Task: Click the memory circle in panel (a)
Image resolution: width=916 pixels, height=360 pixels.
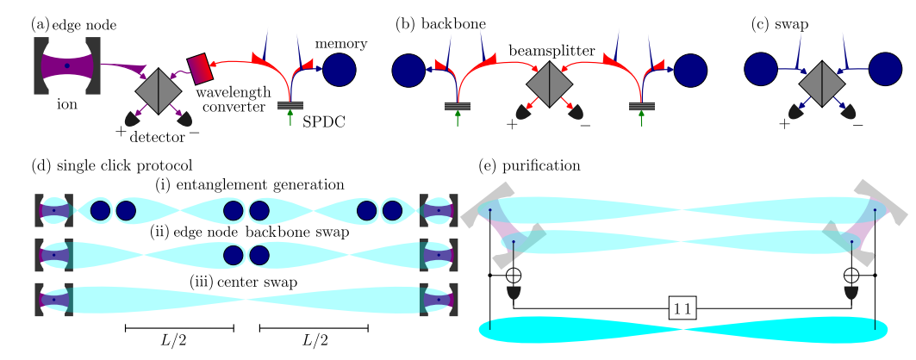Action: click(x=339, y=69)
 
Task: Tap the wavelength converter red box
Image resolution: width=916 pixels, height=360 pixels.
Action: click(x=197, y=68)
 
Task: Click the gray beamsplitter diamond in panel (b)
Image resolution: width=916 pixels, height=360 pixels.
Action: click(x=550, y=84)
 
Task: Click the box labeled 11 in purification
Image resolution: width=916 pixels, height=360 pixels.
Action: click(x=682, y=307)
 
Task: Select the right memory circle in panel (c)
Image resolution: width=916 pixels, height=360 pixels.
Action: click(x=885, y=69)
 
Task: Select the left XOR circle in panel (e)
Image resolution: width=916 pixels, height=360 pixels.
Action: click(x=514, y=276)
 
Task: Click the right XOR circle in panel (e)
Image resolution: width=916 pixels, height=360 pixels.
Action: click(x=851, y=276)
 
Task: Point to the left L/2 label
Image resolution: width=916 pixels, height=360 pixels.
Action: click(x=179, y=340)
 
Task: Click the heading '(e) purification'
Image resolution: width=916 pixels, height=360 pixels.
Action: click(x=528, y=164)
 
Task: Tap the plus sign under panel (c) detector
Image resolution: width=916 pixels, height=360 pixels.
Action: click(x=784, y=124)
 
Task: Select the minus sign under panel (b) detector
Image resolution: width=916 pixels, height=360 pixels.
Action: click(x=586, y=125)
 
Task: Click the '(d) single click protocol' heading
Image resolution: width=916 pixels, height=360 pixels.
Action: click(x=110, y=164)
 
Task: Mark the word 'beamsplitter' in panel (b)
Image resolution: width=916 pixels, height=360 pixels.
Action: click(x=551, y=51)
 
